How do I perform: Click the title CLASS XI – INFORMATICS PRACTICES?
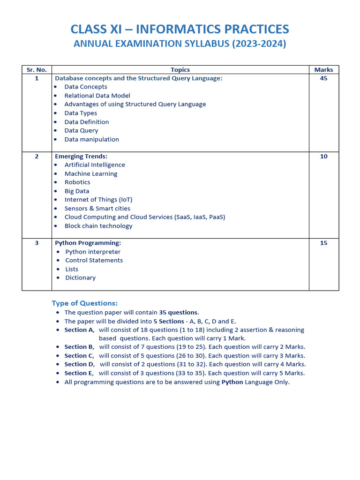point(180,29)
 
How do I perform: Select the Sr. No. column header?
point(37,70)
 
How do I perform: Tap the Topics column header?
point(180,70)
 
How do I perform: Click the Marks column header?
point(323,70)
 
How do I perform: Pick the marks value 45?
point(323,78)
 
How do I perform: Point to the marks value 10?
point(323,157)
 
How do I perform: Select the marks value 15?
point(323,243)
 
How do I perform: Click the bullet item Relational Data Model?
point(97,96)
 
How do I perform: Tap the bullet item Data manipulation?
point(91,139)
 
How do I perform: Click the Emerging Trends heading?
point(81,157)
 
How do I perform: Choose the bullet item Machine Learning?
point(91,174)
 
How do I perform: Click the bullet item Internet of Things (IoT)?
point(98,200)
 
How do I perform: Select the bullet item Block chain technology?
point(98,226)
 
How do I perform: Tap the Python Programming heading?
point(88,243)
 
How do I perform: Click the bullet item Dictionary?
point(80,278)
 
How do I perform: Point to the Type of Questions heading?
point(84,303)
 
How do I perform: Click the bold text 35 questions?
point(179,313)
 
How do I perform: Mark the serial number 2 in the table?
point(37,157)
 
